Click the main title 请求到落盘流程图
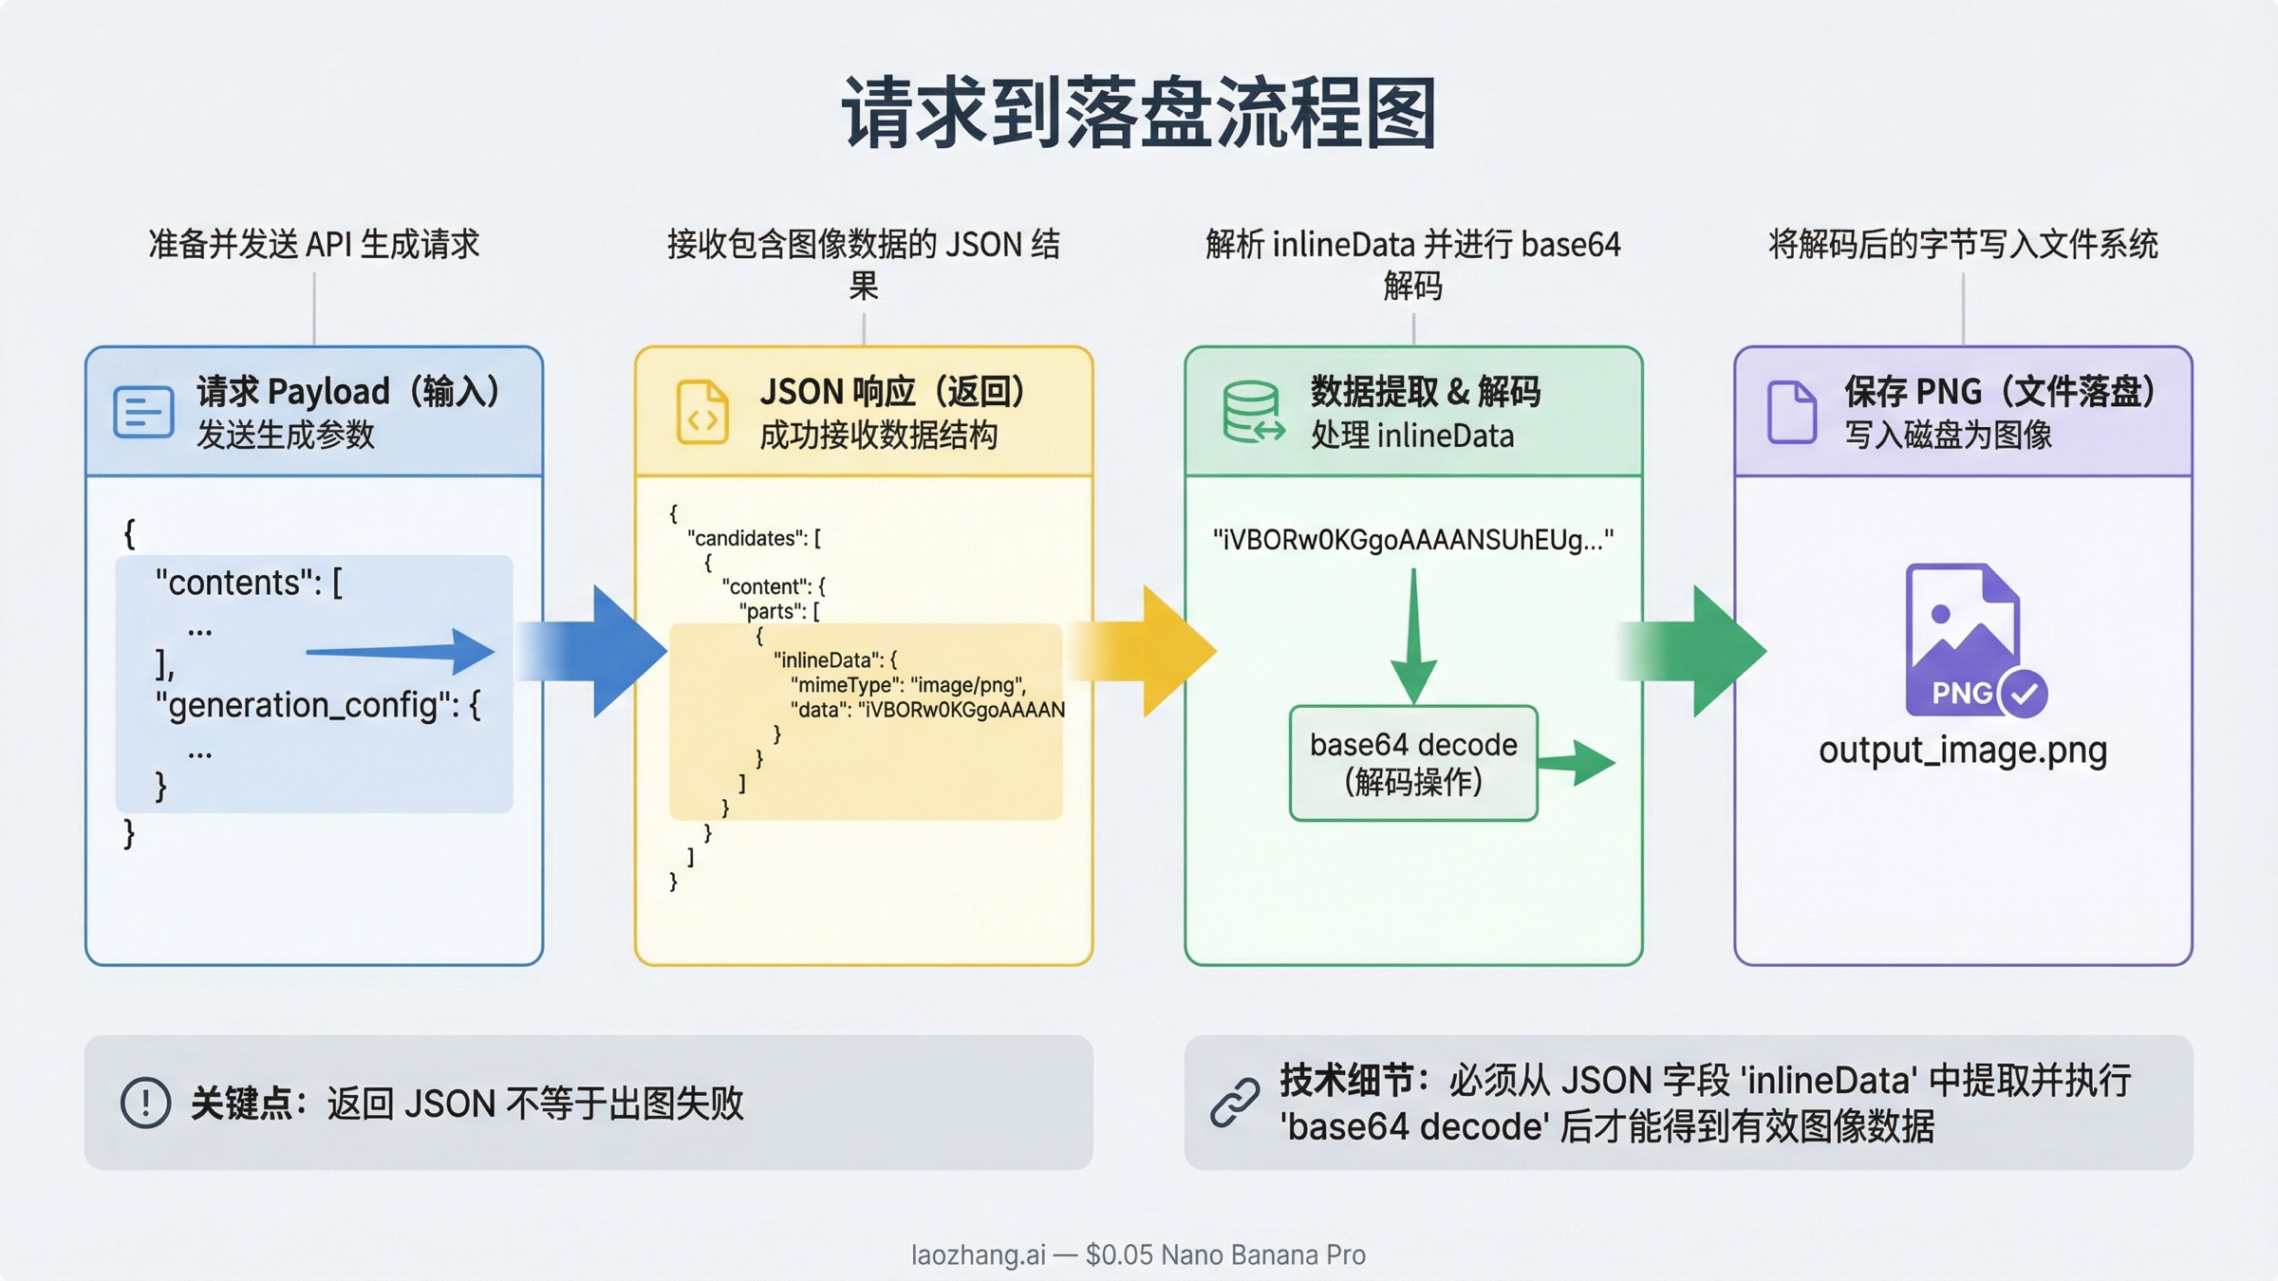click(1138, 114)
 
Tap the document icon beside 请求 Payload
click(143, 412)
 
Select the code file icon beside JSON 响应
click(702, 413)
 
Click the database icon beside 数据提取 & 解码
click(1252, 413)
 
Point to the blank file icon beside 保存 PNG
click(1791, 412)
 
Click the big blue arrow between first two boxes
click(607, 651)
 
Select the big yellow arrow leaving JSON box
click(1158, 651)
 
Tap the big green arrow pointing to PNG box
click(1708, 651)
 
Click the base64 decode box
click(1413, 763)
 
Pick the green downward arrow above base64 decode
click(1413, 636)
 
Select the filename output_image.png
click(1962, 751)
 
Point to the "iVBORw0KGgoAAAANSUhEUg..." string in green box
click(1412, 540)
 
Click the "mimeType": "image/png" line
click(907, 685)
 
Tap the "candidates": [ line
click(754, 538)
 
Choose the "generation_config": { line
click(318, 705)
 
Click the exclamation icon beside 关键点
click(145, 1103)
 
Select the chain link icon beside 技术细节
click(1235, 1103)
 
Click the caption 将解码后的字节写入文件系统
click(1962, 245)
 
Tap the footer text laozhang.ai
click(978, 1254)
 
